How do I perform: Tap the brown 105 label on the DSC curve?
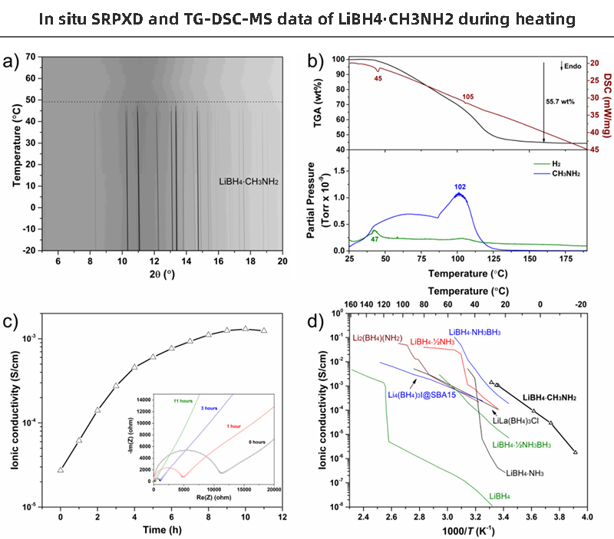point(468,97)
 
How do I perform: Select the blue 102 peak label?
point(460,186)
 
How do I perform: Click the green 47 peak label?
point(376,240)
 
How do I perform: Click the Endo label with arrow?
point(571,67)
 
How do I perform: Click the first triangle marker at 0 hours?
point(61,469)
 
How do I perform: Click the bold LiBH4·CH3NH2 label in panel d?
point(549,398)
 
